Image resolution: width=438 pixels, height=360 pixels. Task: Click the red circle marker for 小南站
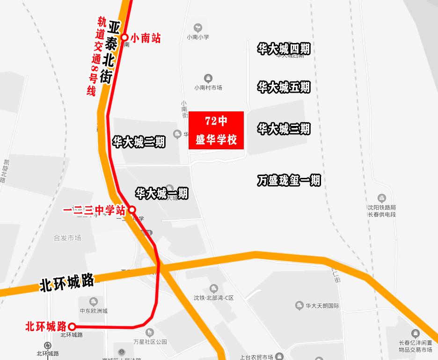click(x=124, y=37)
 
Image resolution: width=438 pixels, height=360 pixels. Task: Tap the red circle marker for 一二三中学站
click(x=132, y=210)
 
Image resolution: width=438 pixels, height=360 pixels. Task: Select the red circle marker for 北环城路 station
click(x=72, y=326)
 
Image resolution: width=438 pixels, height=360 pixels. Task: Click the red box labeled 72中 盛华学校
click(x=216, y=130)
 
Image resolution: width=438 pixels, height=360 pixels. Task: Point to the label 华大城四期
click(x=284, y=49)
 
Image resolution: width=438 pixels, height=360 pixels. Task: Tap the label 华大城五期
click(x=284, y=87)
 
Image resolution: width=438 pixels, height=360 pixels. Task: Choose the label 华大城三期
click(x=284, y=129)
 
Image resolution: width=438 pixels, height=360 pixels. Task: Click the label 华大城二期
click(x=139, y=141)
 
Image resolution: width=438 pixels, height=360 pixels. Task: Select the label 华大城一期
click(x=161, y=193)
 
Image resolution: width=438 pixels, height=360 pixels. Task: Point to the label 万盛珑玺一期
click(x=289, y=180)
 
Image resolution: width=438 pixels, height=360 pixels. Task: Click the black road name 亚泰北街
click(x=111, y=52)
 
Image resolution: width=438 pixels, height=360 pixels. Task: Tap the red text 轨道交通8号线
click(x=95, y=56)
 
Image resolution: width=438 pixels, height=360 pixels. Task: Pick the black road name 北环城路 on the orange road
click(x=66, y=283)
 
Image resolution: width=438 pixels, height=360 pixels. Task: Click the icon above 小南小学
click(x=198, y=28)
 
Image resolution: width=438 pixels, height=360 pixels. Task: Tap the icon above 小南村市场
click(x=208, y=78)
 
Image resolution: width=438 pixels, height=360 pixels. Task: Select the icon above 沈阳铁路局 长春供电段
click(x=382, y=198)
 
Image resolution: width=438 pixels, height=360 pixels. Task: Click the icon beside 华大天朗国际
click(x=299, y=306)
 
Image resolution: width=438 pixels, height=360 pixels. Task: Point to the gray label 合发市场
click(x=67, y=238)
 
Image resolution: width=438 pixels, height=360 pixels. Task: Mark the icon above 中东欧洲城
click(x=94, y=301)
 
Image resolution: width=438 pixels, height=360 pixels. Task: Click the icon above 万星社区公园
click(x=150, y=333)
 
